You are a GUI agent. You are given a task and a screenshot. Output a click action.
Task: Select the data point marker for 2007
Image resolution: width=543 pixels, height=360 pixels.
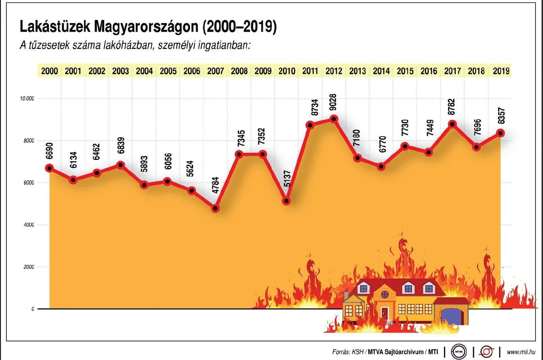(x=215, y=209)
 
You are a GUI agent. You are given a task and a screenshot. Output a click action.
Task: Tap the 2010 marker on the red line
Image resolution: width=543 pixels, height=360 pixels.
(x=286, y=201)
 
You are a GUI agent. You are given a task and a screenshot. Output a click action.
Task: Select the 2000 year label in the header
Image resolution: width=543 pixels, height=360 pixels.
(x=49, y=71)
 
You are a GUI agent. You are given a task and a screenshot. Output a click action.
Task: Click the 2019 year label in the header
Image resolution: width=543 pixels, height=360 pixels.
(x=501, y=71)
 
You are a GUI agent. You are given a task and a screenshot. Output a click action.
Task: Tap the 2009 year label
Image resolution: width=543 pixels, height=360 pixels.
(x=263, y=71)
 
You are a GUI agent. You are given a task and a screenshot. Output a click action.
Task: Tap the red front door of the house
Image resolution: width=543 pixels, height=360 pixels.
(x=385, y=313)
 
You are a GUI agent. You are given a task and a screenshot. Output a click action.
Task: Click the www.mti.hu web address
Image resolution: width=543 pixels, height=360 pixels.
(x=522, y=352)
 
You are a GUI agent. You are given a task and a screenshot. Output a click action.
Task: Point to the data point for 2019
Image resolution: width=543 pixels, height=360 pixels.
(x=500, y=133)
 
